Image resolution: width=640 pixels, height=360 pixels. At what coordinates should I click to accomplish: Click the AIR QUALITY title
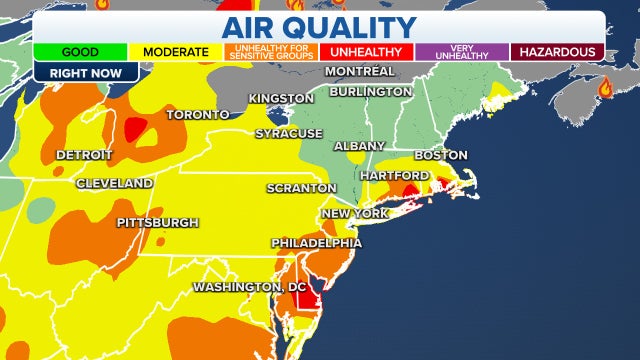pyautogui.click(x=319, y=26)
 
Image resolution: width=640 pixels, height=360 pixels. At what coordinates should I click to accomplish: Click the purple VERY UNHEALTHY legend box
pyautogui.click(x=459, y=51)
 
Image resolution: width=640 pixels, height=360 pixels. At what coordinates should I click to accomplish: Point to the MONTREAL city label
pyautogui.click(x=360, y=72)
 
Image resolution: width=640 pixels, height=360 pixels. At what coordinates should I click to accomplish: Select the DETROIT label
pyautogui.click(x=84, y=155)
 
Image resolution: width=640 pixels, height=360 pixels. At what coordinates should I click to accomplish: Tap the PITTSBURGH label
pyautogui.click(x=158, y=222)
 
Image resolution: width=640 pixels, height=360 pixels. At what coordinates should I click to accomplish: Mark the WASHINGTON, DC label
pyautogui.click(x=250, y=287)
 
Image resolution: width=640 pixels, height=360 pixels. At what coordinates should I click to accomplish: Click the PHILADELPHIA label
pyautogui.click(x=317, y=243)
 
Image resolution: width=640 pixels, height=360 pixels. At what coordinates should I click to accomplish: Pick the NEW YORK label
pyautogui.click(x=354, y=214)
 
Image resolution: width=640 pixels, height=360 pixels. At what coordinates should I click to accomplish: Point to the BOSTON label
pyautogui.click(x=441, y=155)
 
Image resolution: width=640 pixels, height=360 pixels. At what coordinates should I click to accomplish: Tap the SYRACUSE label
pyautogui.click(x=289, y=133)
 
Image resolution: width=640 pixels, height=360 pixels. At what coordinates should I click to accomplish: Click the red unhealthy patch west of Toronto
pyautogui.click(x=134, y=127)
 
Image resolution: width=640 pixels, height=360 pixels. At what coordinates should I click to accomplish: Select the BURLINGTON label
pyautogui.click(x=369, y=91)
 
